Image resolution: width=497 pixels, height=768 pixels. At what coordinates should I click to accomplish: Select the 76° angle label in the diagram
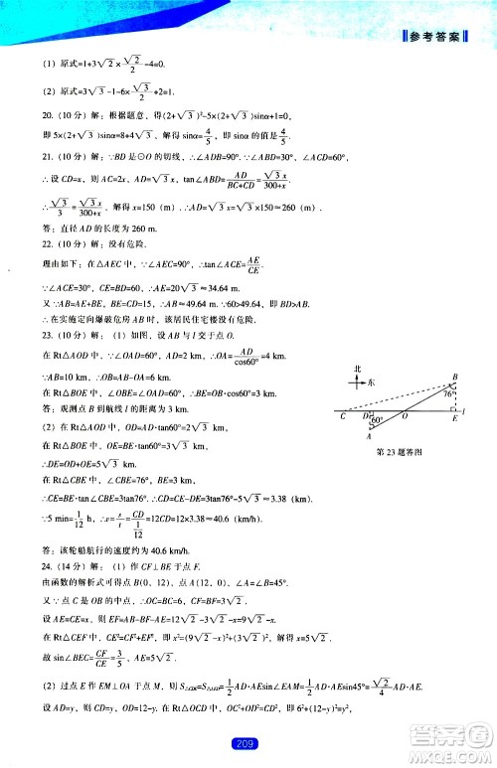click(x=446, y=394)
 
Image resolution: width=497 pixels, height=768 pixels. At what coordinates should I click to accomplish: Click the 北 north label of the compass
click(x=357, y=369)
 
